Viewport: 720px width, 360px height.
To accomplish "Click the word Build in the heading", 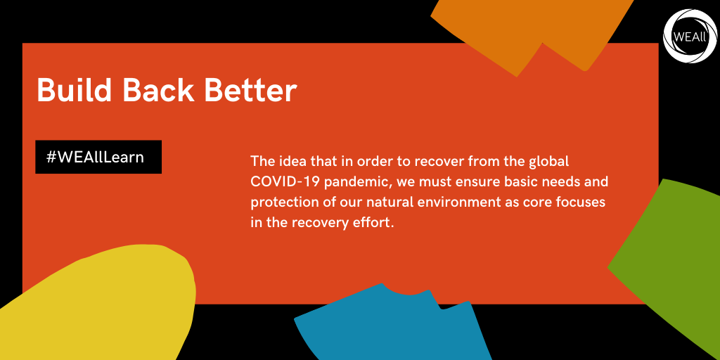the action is click(75, 90).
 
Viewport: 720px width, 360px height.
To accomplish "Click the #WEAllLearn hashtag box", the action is click(98, 157).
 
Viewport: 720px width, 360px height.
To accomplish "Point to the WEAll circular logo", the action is click(690, 36).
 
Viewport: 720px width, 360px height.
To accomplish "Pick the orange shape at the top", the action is click(533, 27).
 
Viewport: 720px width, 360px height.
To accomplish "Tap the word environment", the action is click(473, 202).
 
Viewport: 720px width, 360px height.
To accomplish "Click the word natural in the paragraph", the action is click(399, 202).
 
